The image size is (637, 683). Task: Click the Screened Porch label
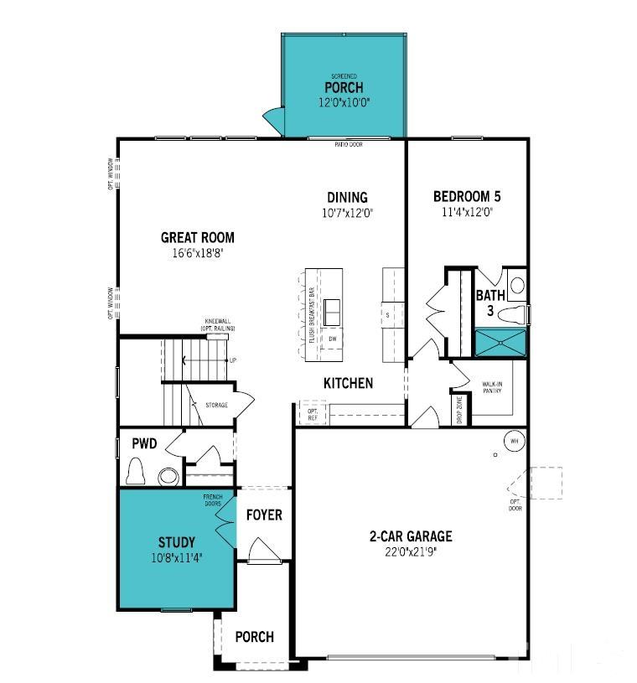coord(344,87)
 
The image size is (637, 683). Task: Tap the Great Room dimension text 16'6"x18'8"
coord(198,252)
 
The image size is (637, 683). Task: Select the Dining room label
coord(347,198)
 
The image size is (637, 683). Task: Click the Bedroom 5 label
coord(466,197)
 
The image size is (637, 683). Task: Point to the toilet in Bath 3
coord(516,314)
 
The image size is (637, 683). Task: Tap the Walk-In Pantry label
coord(492,388)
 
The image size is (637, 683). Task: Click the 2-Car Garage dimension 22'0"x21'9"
coord(411,551)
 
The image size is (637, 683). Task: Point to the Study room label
coord(176,542)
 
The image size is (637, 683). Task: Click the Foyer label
coord(263,515)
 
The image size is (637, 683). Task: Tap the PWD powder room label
coord(145,443)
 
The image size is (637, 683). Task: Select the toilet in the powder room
coord(136,474)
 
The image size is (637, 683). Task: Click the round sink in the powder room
coord(168,477)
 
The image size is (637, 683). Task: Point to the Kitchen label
coord(348,383)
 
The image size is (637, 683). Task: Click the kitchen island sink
coord(333,311)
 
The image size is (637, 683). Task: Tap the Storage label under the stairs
coord(216,406)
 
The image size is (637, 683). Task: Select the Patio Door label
coord(348,144)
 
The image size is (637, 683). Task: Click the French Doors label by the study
coord(212,500)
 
